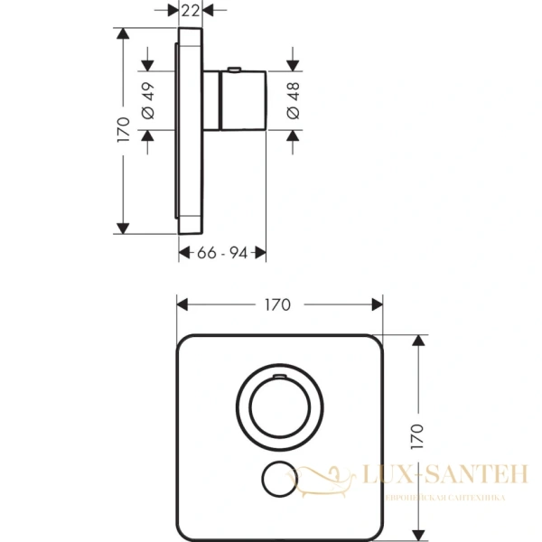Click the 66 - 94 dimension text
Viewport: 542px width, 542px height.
point(222,254)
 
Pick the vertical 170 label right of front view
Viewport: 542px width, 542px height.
point(416,435)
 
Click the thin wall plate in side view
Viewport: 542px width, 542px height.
point(190,131)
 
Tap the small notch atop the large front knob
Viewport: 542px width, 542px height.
point(278,371)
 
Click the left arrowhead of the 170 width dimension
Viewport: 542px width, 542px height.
point(181,304)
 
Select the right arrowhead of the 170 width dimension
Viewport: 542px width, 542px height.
point(379,304)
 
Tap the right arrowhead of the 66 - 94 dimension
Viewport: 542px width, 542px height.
point(261,254)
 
